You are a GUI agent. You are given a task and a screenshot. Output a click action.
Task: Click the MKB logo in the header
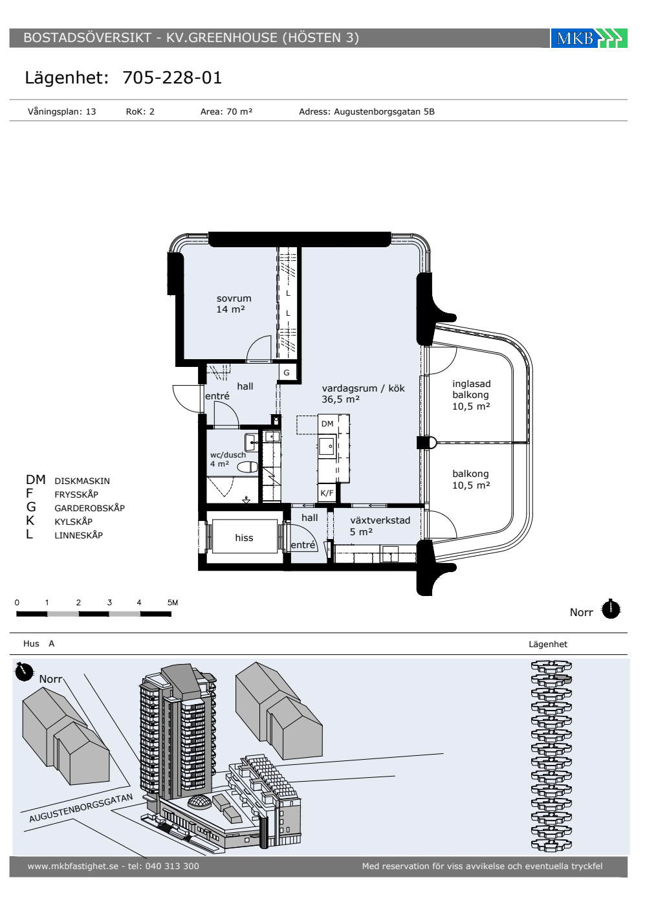click(x=589, y=38)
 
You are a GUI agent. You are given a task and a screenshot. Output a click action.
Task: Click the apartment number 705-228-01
click(x=172, y=78)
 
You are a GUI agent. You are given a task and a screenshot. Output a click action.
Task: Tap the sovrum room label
click(x=234, y=298)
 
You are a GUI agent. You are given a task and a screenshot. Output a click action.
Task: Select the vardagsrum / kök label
click(x=363, y=388)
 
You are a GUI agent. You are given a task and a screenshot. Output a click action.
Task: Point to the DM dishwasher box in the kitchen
click(x=327, y=424)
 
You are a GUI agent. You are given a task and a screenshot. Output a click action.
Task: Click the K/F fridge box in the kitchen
click(x=327, y=493)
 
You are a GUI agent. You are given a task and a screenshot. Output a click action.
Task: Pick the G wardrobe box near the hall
click(x=287, y=373)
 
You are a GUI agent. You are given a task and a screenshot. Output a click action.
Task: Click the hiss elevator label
click(x=244, y=538)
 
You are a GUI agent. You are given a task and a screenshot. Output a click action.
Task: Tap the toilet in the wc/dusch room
click(x=247, y=467)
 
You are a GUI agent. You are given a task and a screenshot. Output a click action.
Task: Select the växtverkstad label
click(x=380, y=520)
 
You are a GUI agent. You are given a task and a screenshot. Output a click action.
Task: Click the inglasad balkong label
click(x=471, y=389)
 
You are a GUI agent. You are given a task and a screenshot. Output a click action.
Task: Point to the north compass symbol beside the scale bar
click(x=611, y=610)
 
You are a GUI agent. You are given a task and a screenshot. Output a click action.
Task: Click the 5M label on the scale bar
click(x=173, y=602)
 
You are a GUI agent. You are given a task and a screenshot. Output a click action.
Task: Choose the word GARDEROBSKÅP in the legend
click(x=89, y=508)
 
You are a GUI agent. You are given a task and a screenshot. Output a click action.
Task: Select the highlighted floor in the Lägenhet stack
click(x=562, y=679)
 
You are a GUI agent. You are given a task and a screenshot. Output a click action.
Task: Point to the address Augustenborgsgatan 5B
click(x=384, y=112)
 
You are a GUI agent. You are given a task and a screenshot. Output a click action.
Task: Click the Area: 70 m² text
click(x=226, y=111)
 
